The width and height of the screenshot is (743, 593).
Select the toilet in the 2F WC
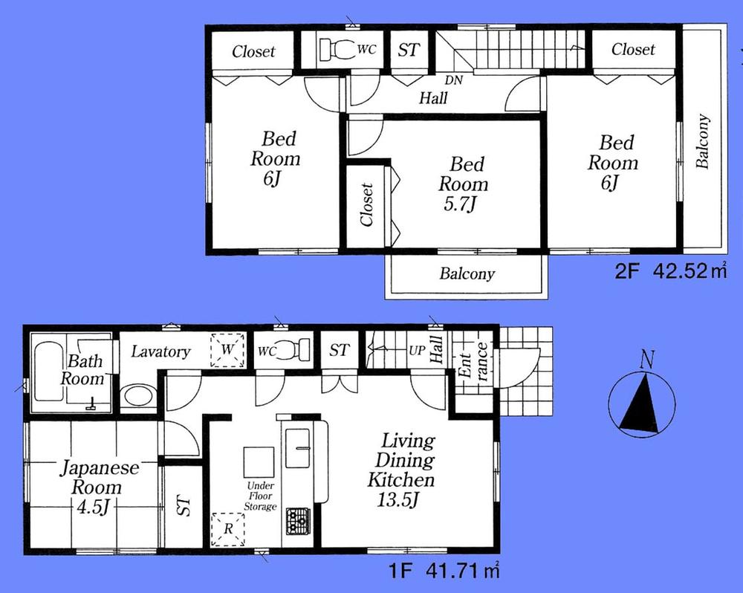pos(338,50)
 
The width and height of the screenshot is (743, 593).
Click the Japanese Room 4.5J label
pos(89,487)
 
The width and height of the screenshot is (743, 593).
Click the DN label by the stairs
pos(453,80)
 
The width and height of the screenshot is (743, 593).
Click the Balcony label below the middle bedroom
pos(467,274)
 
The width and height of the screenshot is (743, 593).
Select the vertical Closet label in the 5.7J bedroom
pos(366,206)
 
